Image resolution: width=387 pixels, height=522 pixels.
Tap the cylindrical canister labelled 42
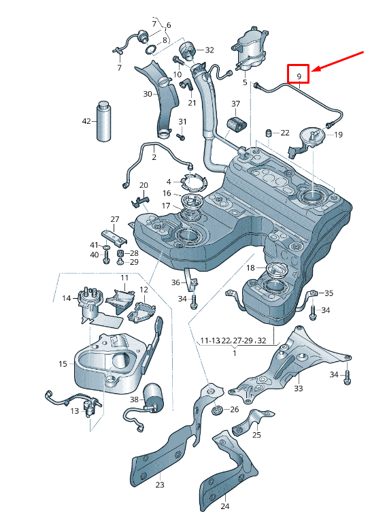[105, 121]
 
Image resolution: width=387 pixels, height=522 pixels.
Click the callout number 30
[148, 94]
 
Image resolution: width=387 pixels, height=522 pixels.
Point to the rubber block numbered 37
[235, 125]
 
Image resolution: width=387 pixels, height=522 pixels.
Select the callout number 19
[339, 135]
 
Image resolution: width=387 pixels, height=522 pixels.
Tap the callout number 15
[63, 364]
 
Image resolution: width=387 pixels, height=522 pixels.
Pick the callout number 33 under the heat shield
[298, 389]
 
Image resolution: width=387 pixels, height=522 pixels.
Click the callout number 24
[225, 506]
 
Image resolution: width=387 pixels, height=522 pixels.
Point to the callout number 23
[160, 485]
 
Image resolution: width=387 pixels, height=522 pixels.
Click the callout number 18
[250, 268]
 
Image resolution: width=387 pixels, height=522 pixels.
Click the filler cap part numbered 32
[188, 50]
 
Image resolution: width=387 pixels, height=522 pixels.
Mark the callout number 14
[67, 298]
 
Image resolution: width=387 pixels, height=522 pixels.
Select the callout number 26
[234, 410]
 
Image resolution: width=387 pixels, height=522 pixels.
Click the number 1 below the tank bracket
[234, 354]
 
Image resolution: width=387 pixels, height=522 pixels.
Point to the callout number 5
[244, 82]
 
